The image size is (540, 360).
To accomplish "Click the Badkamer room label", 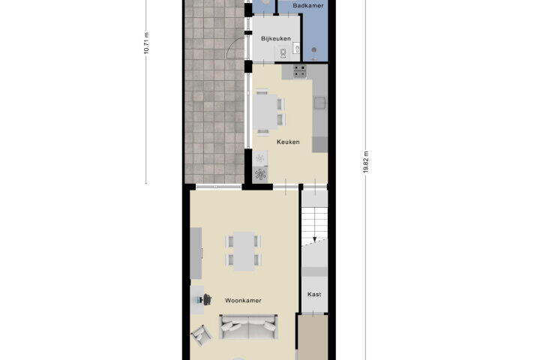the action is pos(308,5).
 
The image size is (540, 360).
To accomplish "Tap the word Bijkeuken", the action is pos(276,38).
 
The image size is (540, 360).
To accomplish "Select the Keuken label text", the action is pos(288,142).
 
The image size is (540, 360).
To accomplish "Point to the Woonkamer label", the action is pos(243,301).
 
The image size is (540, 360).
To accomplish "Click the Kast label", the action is pos(314,294).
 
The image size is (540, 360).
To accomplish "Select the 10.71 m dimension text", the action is pos(146,43).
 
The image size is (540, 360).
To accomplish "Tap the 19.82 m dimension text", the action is pos(366,162).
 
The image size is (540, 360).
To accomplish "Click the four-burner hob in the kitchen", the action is pos(299,71).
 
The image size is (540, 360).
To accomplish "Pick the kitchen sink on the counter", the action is pos(320,103).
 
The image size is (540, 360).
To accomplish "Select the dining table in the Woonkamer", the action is pos(244,251).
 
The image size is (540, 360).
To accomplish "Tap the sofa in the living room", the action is pos(248,326).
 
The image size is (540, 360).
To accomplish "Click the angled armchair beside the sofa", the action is pos(202,335).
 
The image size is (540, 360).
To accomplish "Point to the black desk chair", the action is pos(207,299).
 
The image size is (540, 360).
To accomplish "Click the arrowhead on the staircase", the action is pos(314,239).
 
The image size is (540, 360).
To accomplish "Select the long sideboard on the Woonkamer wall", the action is pos(196,253).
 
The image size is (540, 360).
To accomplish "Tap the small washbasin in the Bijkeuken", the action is pos(297,49).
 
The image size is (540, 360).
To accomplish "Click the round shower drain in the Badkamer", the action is pos(313,50).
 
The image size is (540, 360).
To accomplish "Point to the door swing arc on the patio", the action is pos(232,46).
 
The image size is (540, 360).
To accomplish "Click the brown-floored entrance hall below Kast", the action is pos(313,337).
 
